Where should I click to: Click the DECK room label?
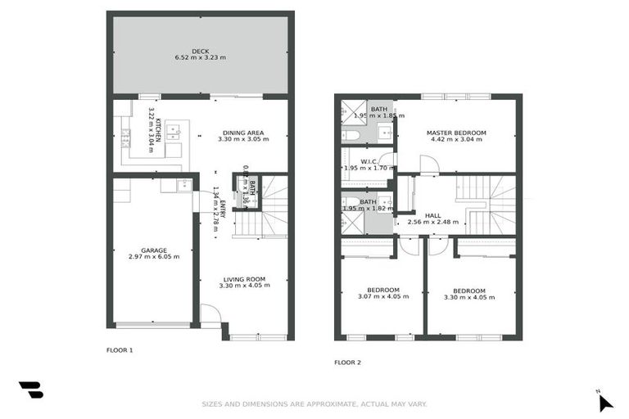click(201, 49)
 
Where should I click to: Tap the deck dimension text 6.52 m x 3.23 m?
click(201, 57)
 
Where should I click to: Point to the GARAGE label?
click(153, 249)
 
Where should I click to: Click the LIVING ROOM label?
click(243, 280)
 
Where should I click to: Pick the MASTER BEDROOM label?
click(456, 133)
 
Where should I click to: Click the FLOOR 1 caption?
click(120, 349)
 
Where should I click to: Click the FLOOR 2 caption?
click(347, 362)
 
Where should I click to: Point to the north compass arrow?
click(604, 402)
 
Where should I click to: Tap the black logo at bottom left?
click(31, 390)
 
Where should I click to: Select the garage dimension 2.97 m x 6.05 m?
click(153, 257)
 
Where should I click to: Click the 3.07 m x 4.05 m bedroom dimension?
click(382, 297)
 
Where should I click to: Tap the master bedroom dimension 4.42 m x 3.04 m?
click(456, 140)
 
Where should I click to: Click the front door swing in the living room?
click(210, 314)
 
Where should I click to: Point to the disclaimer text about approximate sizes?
click(314, 403)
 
